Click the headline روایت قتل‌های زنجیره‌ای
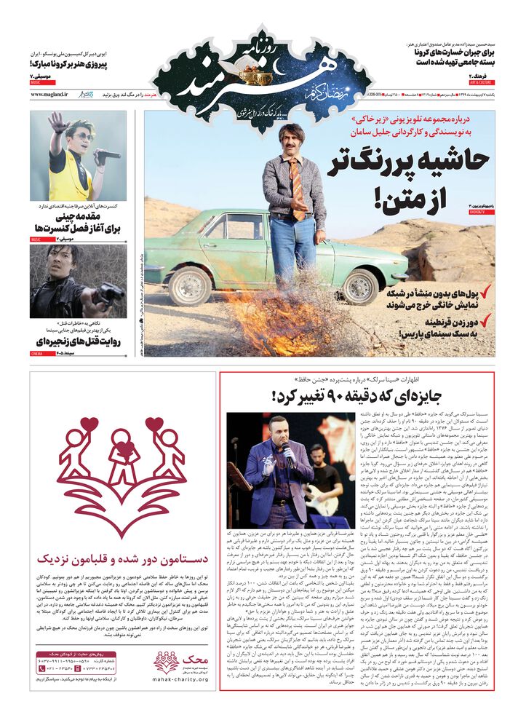tap(79, 341)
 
